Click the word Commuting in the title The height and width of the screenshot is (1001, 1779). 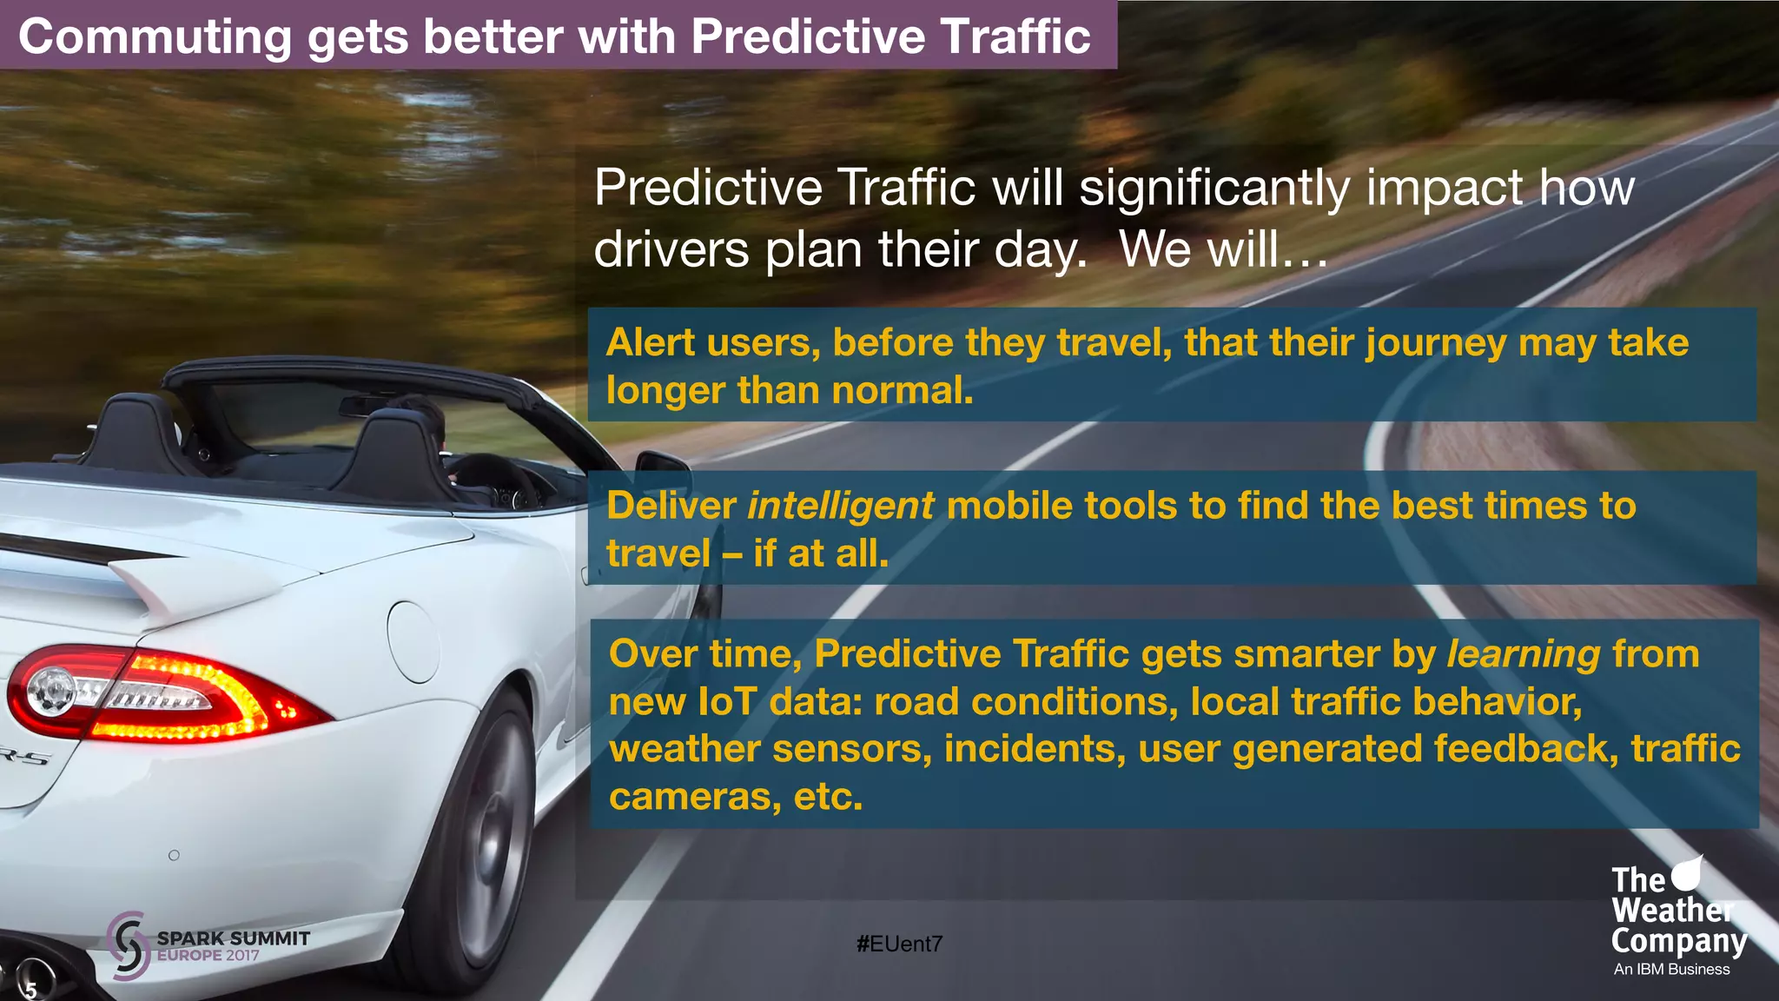point(155,37)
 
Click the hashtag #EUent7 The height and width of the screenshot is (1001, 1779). point(899,944)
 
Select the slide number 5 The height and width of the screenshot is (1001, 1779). point(31,990)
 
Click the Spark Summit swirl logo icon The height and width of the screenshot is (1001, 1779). point(129,946)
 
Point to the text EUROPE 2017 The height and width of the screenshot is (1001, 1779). point(208,956)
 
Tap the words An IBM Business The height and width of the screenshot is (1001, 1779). point(1671,969)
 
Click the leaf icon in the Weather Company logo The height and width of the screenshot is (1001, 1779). point(1687,872)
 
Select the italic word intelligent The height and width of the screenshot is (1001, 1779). point(840,506)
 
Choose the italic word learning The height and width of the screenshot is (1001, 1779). point(1523,654)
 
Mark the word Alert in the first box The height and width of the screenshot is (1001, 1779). point(650,342)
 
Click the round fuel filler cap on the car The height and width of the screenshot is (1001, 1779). point(413,641)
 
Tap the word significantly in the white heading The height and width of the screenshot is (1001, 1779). point(1214,188)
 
